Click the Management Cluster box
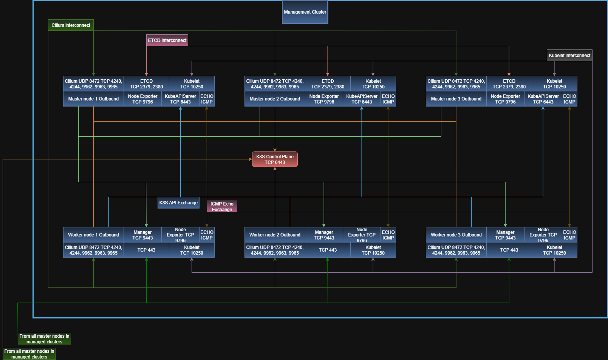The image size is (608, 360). tap(305, 12)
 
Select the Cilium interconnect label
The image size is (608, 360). tap(71, 25)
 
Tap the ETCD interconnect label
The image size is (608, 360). tap(167, 40)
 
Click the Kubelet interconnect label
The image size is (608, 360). tap(569, 56)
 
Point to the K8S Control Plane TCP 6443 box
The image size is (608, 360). tap(275, 159)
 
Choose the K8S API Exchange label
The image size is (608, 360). tap(178, 202)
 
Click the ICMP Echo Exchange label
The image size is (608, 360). tap(222, 207)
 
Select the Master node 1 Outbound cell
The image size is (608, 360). tap(93, 99)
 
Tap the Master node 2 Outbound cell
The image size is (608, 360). tap(275, 99)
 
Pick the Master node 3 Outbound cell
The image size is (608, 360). tap(456, 99)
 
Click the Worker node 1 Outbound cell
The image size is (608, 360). tap(93, 235)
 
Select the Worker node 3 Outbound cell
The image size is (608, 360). tap(456, 235)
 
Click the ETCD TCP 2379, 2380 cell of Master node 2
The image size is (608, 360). tap(328, 84)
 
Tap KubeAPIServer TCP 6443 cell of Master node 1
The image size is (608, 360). tap(181, 99)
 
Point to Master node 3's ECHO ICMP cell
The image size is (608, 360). tap(569, 99)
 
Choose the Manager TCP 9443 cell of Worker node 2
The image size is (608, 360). tap(324, 235)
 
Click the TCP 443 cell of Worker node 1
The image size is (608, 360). tap(146, 250)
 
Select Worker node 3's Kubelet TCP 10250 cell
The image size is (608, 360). tap(554, 250)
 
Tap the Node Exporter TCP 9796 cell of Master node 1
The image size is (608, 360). tap(142, 99)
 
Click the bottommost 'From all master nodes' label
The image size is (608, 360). tap(29, 354)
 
